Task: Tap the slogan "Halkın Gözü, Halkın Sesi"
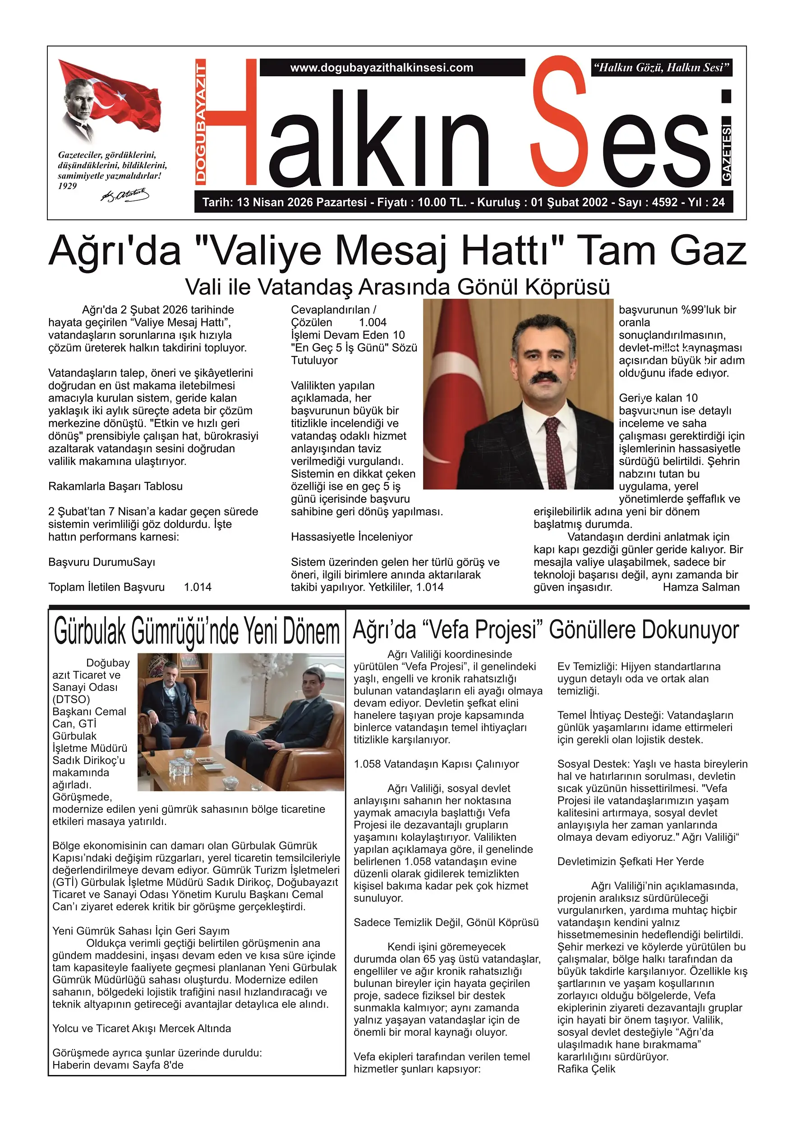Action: [x=662, y=68]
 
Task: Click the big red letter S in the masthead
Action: [x=559, y=123]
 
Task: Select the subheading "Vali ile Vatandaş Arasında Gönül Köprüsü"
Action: [x=397, y=287]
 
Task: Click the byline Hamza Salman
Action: [x=701, y=587]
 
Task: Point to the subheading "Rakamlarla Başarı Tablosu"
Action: [x=115, y=486]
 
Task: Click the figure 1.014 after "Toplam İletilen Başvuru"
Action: [x=198, y=587]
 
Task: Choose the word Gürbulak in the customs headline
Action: [x=90, y=631]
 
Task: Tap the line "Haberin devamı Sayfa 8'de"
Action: [x=118, y=1065]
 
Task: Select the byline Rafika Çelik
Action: [x=586, y=1069]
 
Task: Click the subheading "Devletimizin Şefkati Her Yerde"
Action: [x=631, y=862]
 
